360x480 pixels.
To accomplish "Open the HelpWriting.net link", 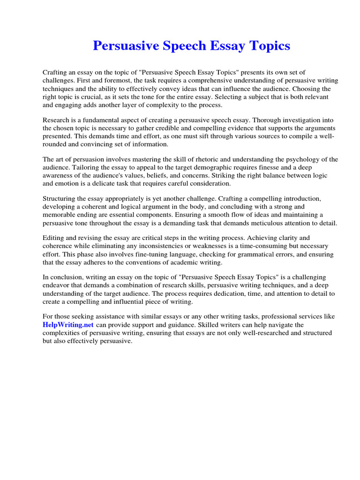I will pos(68,324).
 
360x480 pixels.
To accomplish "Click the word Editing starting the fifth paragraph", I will pos(54,238).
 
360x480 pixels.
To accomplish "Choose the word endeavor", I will pos(59,285).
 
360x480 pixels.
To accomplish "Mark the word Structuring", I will pos(61,199).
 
